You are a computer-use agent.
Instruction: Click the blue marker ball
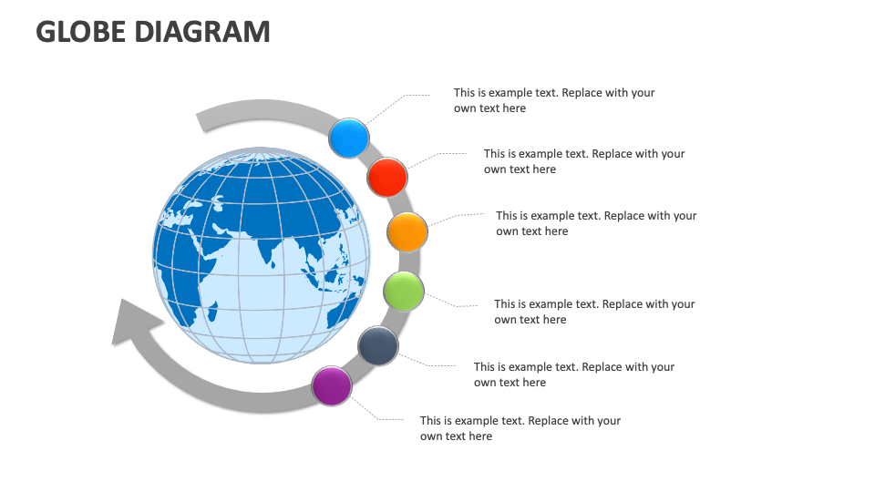point(348,138)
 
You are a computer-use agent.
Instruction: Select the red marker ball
point(387,177)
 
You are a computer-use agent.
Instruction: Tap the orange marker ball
point(407,232)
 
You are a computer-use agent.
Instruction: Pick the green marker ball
point(403,291)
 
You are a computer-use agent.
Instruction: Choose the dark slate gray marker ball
point(377,346)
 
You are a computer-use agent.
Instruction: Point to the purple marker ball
point(332,385)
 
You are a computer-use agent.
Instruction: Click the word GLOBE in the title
point(81,32)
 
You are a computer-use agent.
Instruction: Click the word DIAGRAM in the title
point(202,32)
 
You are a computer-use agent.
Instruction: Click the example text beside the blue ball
point(553,100)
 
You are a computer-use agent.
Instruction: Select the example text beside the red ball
point(583,161)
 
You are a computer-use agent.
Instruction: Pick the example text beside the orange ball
point(596,223)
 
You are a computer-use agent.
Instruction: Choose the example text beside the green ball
point(594,312)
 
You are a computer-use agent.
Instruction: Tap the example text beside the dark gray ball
point(573,374)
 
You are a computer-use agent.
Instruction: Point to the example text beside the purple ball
point(520,428)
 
